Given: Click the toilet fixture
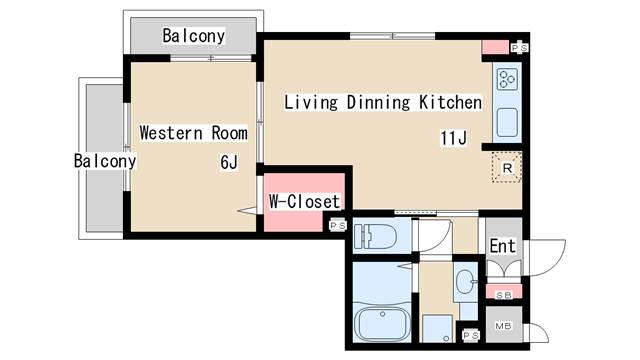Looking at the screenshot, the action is point(375,236).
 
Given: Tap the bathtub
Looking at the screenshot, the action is point(382,323).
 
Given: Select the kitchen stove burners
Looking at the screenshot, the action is point(507,79).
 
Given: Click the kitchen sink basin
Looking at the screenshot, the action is point(507,122).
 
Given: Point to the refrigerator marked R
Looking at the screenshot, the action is point(507,167).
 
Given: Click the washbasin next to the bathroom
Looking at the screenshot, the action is point(466,282).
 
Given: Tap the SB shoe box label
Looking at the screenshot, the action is point(504,295).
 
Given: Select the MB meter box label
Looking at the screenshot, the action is point(503,326).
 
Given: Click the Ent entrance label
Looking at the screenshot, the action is point(502,246).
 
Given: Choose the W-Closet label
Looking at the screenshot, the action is point(304,201).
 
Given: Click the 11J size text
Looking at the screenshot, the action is point(453,138).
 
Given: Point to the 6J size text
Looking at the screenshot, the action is point(229,162).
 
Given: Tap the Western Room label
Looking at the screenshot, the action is point(193,133).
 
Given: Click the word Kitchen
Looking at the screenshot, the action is point(450,102).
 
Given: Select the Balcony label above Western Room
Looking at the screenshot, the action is point(193,36).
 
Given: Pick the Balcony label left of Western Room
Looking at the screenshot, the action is point(105,160).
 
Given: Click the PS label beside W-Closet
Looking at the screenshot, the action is point(338,225).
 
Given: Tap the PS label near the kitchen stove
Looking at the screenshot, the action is point(520,48).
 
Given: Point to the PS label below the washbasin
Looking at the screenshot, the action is point(471,335).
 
